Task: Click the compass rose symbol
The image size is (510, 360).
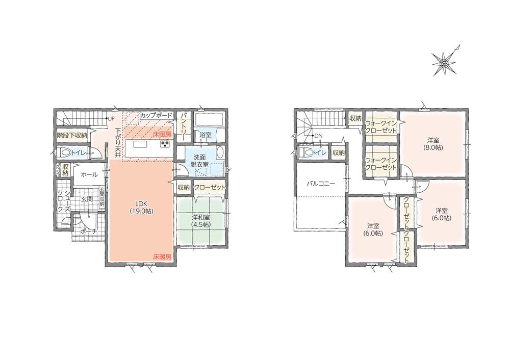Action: (444, 62)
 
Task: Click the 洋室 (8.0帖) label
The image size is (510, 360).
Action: (433, 143)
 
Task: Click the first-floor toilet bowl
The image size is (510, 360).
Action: (66, 152)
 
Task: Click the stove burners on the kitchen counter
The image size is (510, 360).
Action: (165, 144)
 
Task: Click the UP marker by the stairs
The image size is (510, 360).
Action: (111, 118)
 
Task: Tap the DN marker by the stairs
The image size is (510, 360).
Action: (317, 135)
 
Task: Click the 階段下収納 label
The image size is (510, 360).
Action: (72, 136)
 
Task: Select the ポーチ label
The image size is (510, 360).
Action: (88, 232)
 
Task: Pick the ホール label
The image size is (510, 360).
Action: (89, 174)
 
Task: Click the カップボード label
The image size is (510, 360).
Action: (156, 115)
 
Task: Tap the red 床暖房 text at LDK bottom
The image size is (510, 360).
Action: (162, 257)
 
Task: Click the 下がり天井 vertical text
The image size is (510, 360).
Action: (118, 143)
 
